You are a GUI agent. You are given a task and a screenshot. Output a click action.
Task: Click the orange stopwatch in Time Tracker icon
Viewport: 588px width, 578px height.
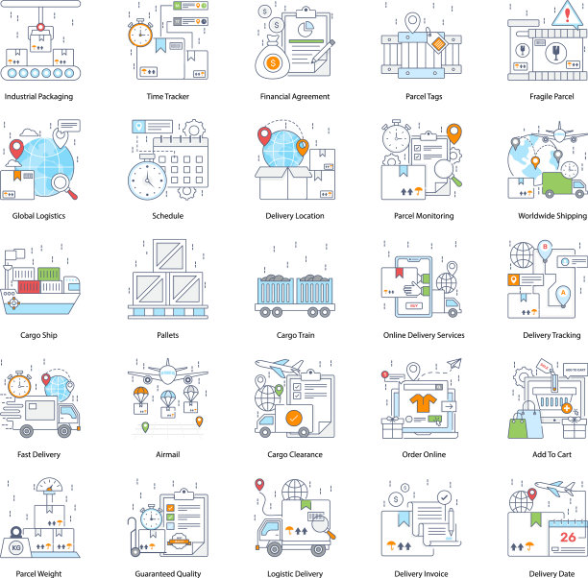click(140, 34)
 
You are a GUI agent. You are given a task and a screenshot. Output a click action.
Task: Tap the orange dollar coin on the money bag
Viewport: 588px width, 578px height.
click(273, 62)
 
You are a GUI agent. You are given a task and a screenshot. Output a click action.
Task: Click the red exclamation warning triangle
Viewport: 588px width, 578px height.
click(567, 15)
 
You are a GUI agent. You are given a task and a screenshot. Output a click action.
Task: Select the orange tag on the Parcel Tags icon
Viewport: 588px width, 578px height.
click(437, 43)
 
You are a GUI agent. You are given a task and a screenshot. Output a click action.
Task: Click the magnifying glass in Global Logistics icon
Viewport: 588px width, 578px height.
click(64, 186)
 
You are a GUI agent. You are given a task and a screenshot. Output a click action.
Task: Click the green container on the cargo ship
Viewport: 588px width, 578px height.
click(49, 275)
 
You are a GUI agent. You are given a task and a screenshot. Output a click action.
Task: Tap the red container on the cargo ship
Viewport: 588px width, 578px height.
click(29, 287)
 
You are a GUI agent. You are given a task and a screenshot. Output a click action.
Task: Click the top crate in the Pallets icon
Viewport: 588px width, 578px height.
click(169, 255)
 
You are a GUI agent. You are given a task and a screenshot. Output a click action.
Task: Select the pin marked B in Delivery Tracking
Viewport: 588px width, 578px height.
click(545, 251)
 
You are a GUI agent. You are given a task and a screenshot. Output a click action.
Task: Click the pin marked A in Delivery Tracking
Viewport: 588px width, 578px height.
click(563, 296)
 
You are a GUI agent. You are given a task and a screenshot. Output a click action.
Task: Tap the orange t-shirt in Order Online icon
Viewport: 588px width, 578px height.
click(424, 403)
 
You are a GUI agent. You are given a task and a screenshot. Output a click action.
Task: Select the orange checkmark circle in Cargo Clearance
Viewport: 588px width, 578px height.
click(294, 419)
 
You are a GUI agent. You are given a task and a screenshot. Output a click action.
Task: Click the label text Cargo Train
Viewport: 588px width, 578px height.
click(296, 335)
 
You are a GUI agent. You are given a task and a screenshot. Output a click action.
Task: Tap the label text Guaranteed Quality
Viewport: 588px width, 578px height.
click(168, 573)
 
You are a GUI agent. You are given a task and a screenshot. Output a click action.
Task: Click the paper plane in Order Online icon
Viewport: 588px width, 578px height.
click(454, 363)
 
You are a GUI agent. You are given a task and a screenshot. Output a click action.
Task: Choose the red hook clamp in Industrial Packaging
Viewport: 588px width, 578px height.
click(40, 27)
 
